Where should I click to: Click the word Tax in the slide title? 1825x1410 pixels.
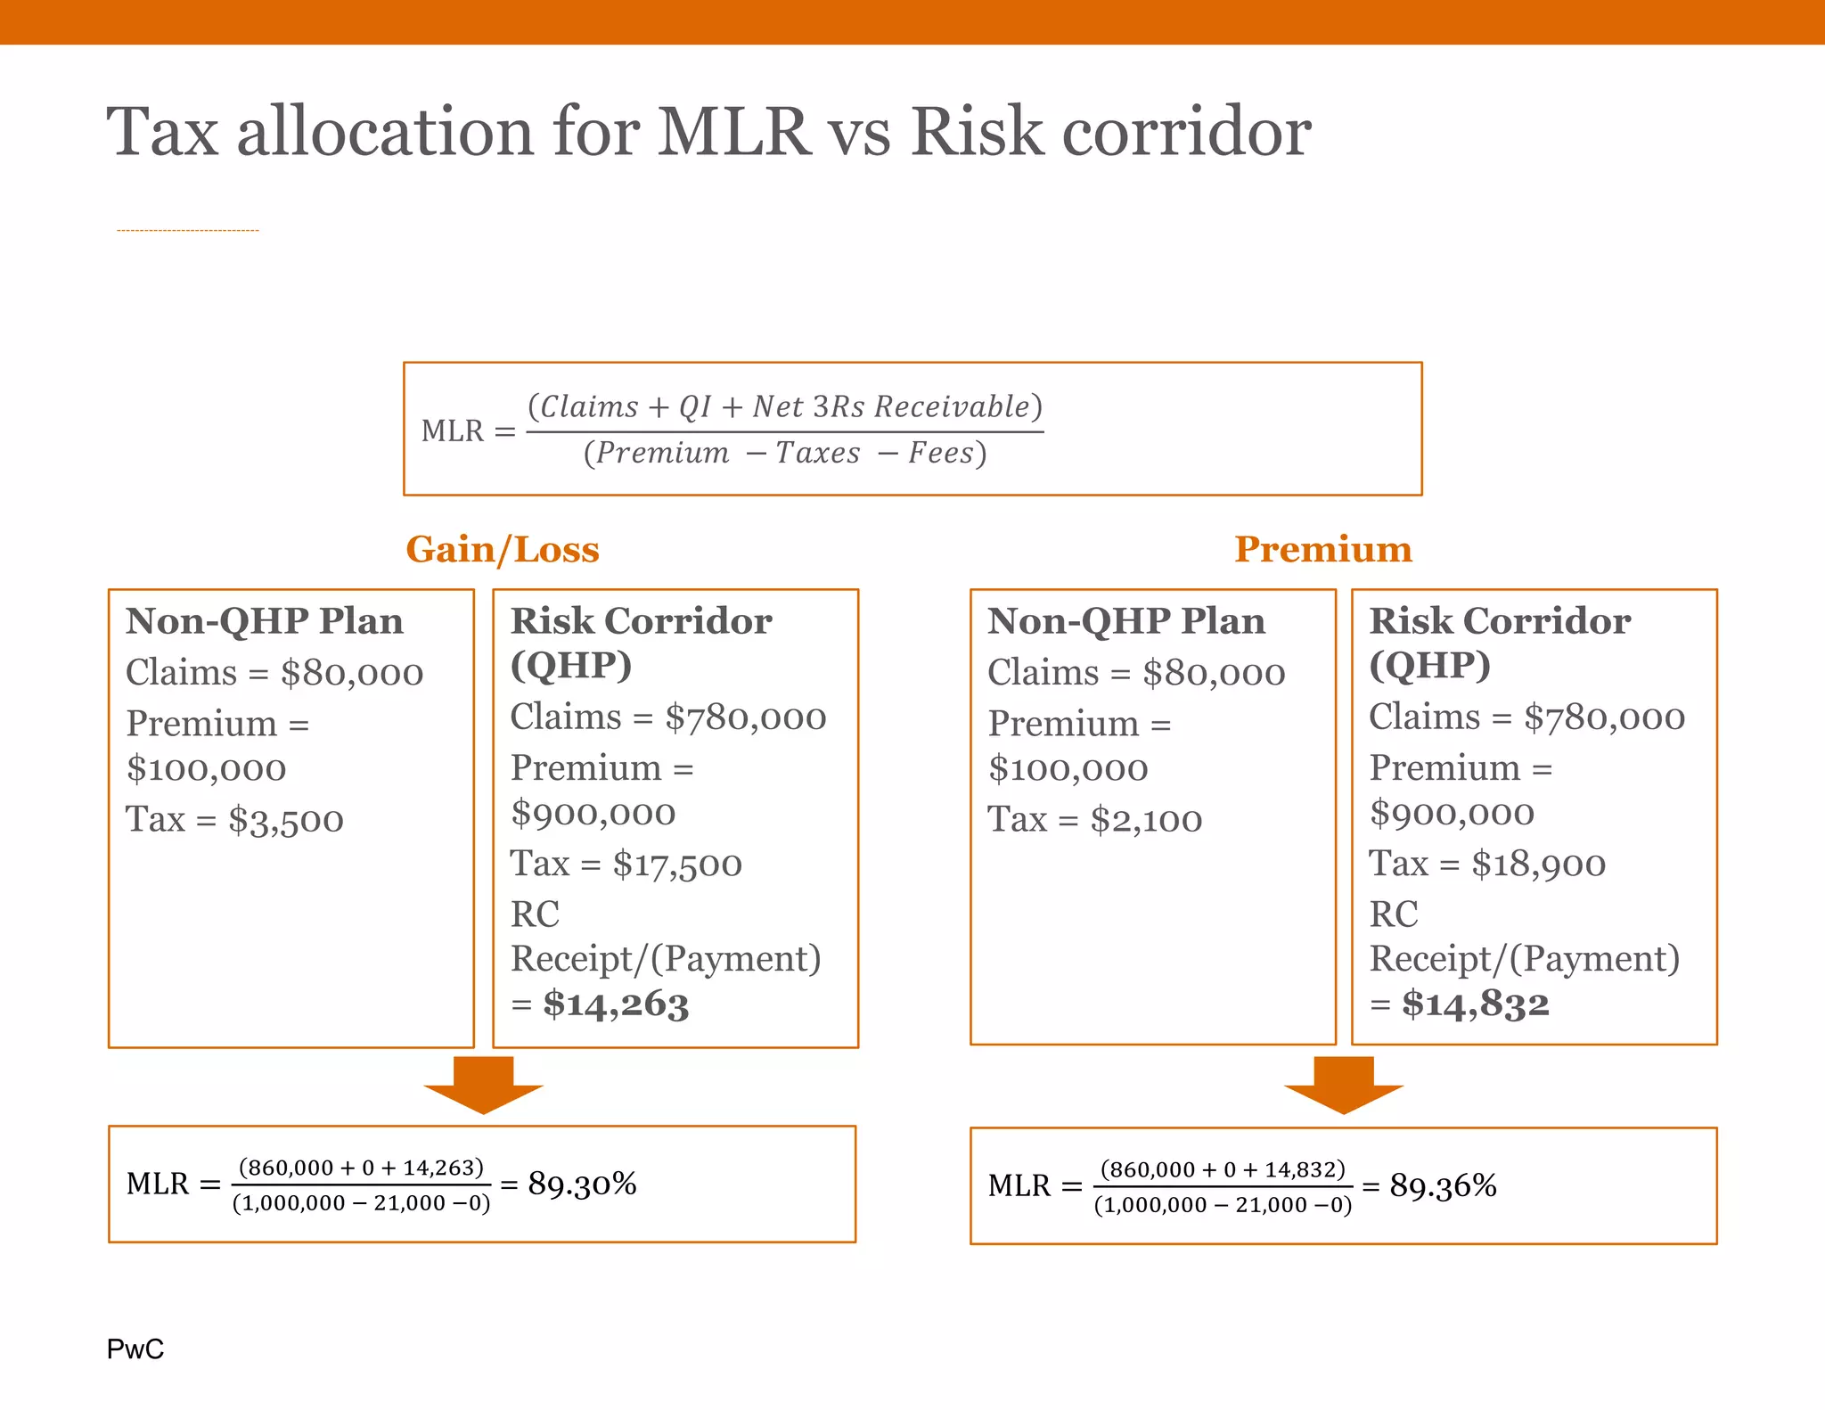pos(162,132)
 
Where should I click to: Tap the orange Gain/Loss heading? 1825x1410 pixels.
pos(503,549)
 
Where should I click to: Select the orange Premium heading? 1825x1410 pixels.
pos(1322,549)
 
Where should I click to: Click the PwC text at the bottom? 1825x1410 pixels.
pos(135,1349)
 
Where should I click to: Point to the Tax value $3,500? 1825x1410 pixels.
pos(285,820)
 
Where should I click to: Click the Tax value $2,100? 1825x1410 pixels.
pos(1146,820)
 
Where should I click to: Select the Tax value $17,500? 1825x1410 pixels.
pos(677,865)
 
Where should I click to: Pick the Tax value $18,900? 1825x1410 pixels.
pos(1538,865)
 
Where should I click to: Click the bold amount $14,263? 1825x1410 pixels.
pos(616,1004)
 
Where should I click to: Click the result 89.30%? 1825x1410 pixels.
pos(582,1184)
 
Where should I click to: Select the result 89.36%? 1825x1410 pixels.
pos(1443,1185)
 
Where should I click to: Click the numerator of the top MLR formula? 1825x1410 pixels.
pos(784,407)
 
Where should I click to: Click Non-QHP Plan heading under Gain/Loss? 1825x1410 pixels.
pos(265,621)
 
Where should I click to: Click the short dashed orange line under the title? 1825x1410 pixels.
pos(187,231)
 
